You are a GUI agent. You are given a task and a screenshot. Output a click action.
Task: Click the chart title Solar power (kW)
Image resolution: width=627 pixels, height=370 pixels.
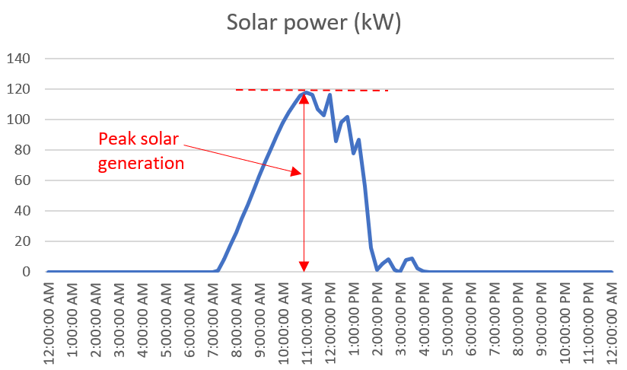tap(313, 23)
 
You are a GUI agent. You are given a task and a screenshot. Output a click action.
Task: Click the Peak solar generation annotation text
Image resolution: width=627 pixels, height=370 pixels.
tap(142, 151)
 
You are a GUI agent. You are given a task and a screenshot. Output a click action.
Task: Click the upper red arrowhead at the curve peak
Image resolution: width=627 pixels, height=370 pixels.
tap(304, 97)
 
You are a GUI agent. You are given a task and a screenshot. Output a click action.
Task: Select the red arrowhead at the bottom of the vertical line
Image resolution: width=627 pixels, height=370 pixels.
tap(304, 266)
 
